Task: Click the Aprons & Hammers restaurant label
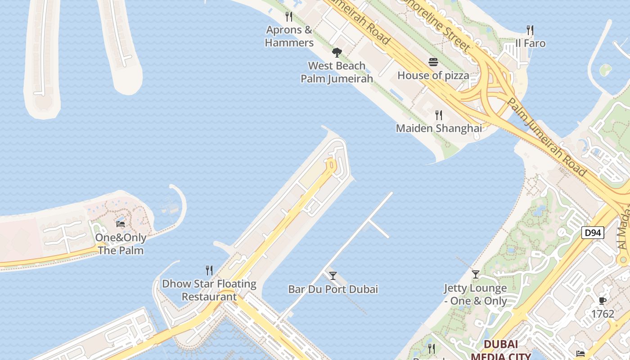289,36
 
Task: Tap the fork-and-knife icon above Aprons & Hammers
289,17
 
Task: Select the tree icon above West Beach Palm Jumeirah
337,53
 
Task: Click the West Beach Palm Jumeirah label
337,72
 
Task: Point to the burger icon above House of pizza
433,62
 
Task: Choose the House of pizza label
433,75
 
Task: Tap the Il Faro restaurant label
530,43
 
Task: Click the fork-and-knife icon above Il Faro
530,30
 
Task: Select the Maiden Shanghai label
439,128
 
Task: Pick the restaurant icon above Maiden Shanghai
439,115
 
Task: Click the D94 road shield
593,233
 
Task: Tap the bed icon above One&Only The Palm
121,224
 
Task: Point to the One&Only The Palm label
121,244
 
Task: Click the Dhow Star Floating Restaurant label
209,290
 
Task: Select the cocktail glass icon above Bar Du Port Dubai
333,276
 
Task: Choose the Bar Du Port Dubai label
333,289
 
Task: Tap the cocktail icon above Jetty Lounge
476,274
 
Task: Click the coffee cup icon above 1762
603,301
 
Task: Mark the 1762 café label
603,314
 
